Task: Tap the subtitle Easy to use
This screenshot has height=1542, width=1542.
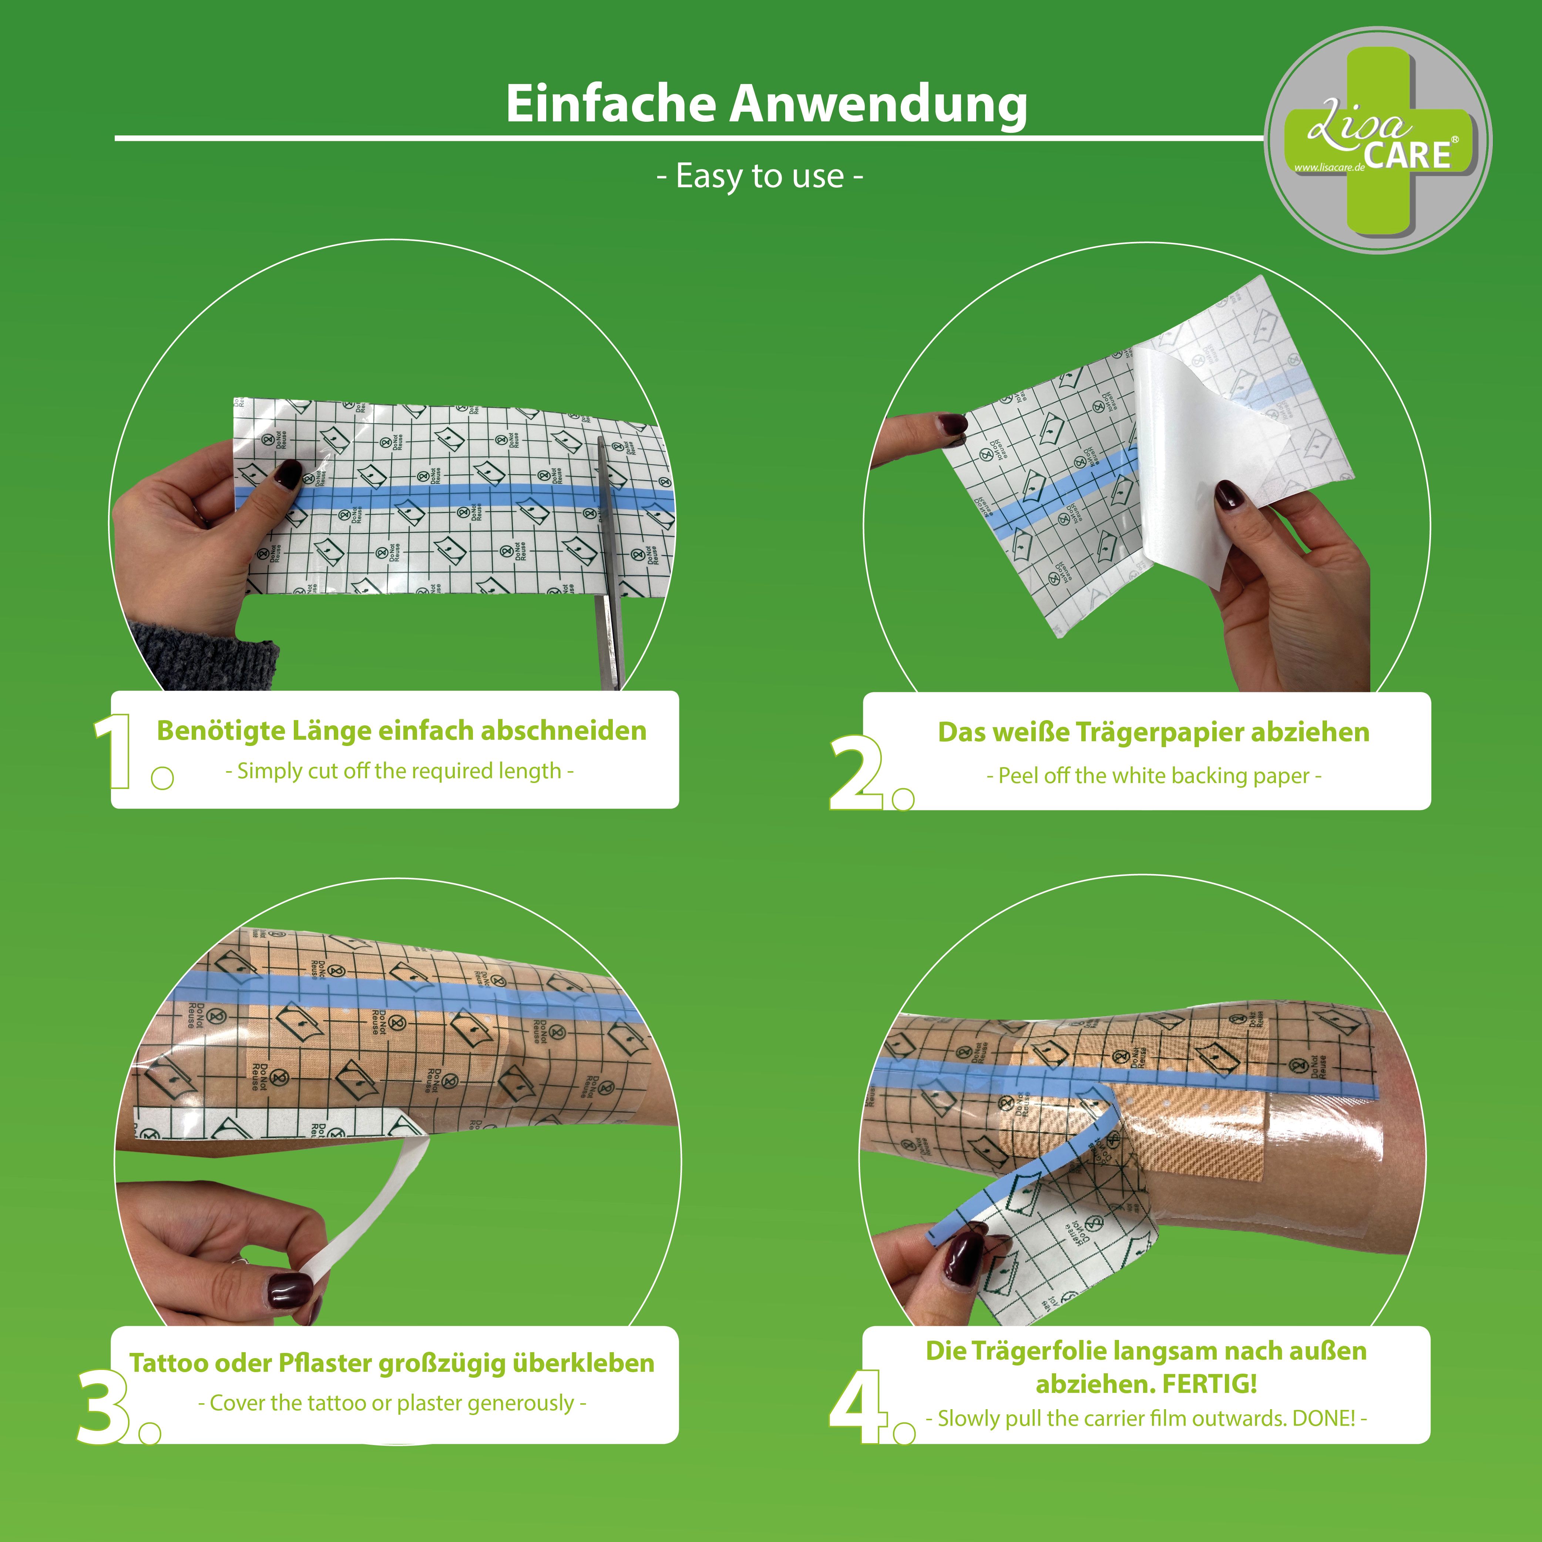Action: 759,177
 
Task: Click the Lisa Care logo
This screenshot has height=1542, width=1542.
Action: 1378,141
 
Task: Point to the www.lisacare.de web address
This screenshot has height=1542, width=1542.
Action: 1327,168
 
